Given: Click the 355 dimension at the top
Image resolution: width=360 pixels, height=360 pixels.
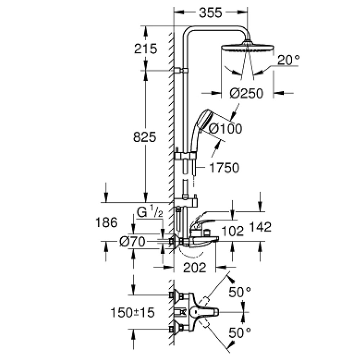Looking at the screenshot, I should pos(211,13).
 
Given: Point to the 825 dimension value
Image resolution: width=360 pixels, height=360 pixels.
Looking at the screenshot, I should pos(144,137).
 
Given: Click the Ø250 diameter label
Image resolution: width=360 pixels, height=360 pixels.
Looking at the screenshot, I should pos(247,94).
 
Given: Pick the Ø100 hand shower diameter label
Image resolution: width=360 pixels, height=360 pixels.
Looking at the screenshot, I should pos(225,128).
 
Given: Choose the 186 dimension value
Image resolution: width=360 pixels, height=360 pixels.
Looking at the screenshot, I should pos(107,222).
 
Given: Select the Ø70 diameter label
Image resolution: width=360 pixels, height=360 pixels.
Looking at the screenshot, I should pos(132,242).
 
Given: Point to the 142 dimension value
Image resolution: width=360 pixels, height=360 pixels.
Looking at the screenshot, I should pos(259,227).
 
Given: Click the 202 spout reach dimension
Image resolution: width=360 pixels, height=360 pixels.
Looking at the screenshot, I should pos(194,267).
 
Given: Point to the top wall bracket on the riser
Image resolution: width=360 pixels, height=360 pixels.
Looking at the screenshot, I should pos(180,70).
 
